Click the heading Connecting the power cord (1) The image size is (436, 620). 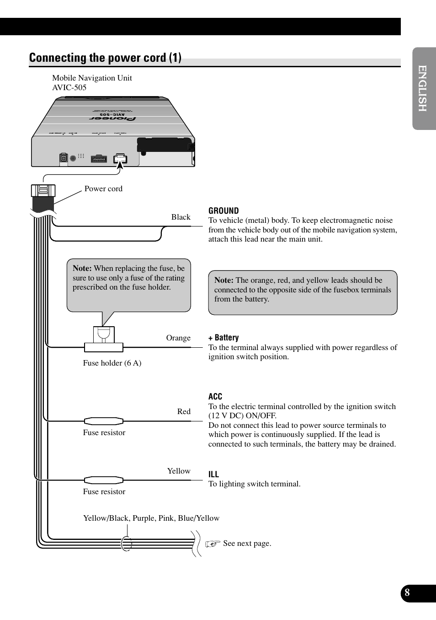click(x=105, y=58)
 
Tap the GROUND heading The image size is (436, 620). click(x=223, y=211)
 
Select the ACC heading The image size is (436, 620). click(x=215, y=397)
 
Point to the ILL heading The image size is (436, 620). click(x=213, y=474)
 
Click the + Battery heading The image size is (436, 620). click(x=223, y=338)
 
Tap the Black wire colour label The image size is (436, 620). click(x=181, y=217)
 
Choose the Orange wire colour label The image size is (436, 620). click(x=178, y=338)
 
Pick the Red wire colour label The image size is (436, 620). click(x=184, y=412)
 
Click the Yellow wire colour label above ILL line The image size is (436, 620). click(x=179, y=471)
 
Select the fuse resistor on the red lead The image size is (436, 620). click(x=104, y=421)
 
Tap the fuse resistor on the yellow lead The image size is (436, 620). click(x=104, y=480)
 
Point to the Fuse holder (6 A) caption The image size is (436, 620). click(x=112, y=363)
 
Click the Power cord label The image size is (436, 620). click(x=103, y=189)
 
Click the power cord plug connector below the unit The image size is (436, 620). click(x=43, y=192)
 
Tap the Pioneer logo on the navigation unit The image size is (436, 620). click(x=113, y=119)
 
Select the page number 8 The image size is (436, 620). click(x=407, y=593)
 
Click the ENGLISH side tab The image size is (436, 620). click(x=422, y=88)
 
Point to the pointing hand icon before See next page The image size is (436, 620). click(x=213, y=544)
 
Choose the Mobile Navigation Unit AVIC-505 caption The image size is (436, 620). click(x=92, y=83)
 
